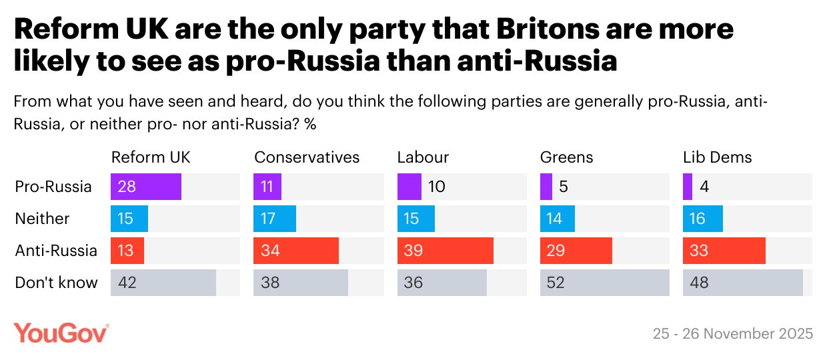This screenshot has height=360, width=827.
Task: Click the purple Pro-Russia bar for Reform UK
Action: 146,187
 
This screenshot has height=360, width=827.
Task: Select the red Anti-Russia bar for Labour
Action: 445,251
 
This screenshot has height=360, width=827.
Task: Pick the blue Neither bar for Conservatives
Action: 275,219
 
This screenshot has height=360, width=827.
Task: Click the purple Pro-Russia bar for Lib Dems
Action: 688,187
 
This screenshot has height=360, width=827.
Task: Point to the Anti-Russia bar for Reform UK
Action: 127,251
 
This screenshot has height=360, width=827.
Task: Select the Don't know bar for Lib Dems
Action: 742,283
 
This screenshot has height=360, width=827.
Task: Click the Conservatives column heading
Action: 307,157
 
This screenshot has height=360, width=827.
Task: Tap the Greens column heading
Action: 566,157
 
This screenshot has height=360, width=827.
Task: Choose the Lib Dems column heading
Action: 717,157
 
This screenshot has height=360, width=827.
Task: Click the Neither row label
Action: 42,219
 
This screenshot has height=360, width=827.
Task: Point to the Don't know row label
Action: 56,283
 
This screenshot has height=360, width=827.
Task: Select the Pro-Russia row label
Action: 53,187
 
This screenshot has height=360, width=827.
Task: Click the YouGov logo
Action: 61,332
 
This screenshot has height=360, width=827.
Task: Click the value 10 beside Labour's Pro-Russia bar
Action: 437,187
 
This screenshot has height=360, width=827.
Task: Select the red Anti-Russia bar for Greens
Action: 576,251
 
